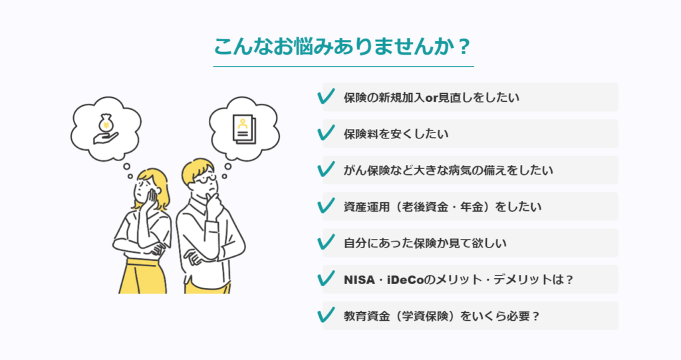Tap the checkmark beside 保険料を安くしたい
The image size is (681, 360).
click(x=326, y=133)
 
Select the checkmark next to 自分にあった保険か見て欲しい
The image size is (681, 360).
click(x=326, y=242)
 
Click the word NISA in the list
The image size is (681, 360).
click(x=359, y=279)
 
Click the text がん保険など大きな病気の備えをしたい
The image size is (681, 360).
click(x=448, y=170)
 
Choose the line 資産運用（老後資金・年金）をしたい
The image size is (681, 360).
click(x=442, y=206)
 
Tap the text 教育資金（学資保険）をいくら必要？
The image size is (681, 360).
click(x=442, y=316)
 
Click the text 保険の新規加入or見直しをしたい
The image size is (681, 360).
click(x=431, y=97)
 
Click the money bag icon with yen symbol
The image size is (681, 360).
click(x=106, y=123)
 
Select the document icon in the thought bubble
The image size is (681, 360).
click(x=244, y=129)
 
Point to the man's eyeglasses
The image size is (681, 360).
click(x=205, y=179)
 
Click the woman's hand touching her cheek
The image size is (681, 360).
click(x=152, y=196)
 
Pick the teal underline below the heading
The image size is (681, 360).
click(x=343, y=67)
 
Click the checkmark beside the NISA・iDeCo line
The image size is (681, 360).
click(x=326, y=279)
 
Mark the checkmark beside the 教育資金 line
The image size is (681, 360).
click(x=326, y=315)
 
